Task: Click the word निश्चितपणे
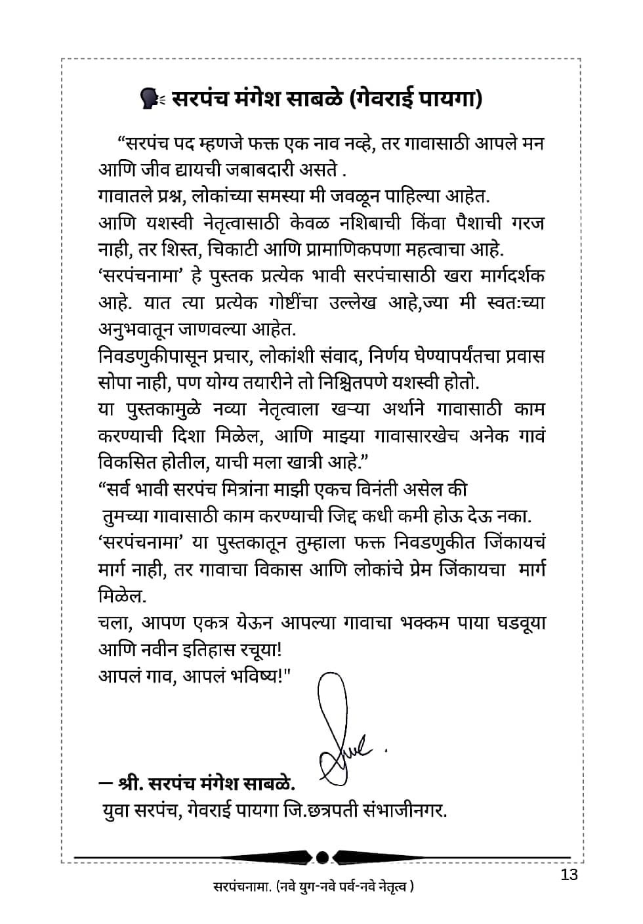(x=363, y=382)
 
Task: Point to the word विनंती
(x=368, y=490)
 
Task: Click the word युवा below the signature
(x=119, y=810)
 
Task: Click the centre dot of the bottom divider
(x=322, y=857)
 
